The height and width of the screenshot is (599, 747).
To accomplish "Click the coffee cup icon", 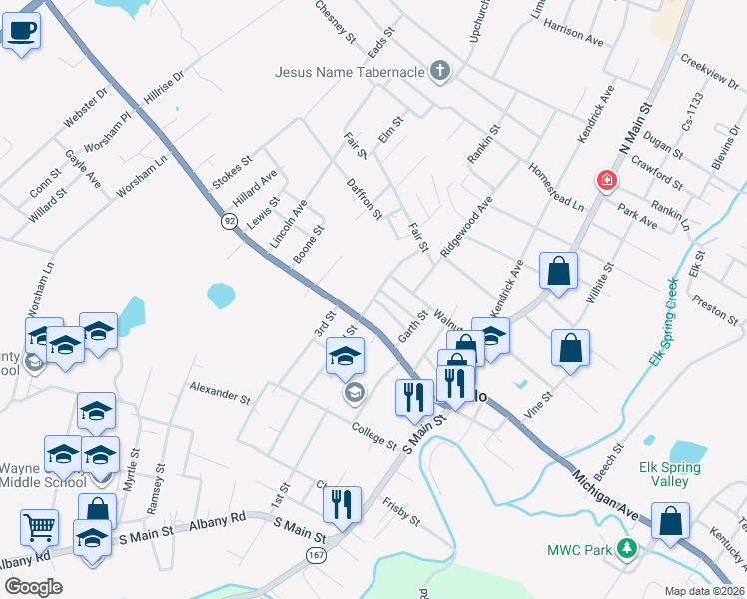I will point(21,29).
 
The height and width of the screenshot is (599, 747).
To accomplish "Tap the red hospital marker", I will point(605,181).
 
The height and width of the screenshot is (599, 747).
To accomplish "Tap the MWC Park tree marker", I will point(627,549).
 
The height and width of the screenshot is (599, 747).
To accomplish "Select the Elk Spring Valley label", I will point(670,474).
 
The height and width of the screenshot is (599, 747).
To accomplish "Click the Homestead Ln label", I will point(556,187).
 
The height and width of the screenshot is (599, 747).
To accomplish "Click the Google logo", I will point(33,586).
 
